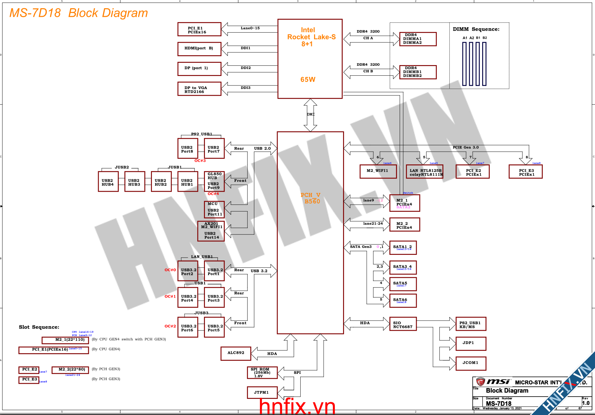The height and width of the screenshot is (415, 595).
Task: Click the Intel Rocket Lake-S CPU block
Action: pos(310,59)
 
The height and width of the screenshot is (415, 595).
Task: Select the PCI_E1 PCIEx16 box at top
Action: pos(199,29)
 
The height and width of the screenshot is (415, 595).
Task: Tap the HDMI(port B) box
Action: pos(199,49)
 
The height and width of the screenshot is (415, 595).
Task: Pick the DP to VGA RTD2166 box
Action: pos(199,89)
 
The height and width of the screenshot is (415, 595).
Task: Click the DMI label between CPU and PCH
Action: pos(310,114)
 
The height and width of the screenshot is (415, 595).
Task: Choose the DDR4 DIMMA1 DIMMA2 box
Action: pos(418,39)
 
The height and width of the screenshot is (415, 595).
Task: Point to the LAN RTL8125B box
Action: pos(424,172)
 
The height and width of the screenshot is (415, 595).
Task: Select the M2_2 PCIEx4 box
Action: pos(405,225)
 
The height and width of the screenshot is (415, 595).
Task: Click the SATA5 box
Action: pos(403,284)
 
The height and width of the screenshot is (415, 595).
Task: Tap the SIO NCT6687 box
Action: pos(403,324)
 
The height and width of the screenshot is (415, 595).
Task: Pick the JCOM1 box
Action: pos(471,363)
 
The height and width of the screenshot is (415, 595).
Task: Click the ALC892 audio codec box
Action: pos(236,354)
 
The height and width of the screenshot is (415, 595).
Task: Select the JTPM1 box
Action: pos(262,393)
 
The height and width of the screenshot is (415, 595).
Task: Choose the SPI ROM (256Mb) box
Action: pos(262,373)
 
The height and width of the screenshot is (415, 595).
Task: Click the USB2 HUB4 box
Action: pos(108,182)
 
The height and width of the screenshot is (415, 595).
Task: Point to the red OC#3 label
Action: pos(200,161)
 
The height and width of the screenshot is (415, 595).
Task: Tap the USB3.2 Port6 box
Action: pos(187,327)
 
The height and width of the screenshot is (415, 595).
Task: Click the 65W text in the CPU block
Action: pos(308,80)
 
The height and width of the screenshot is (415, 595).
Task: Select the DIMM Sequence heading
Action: pos(476,29)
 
